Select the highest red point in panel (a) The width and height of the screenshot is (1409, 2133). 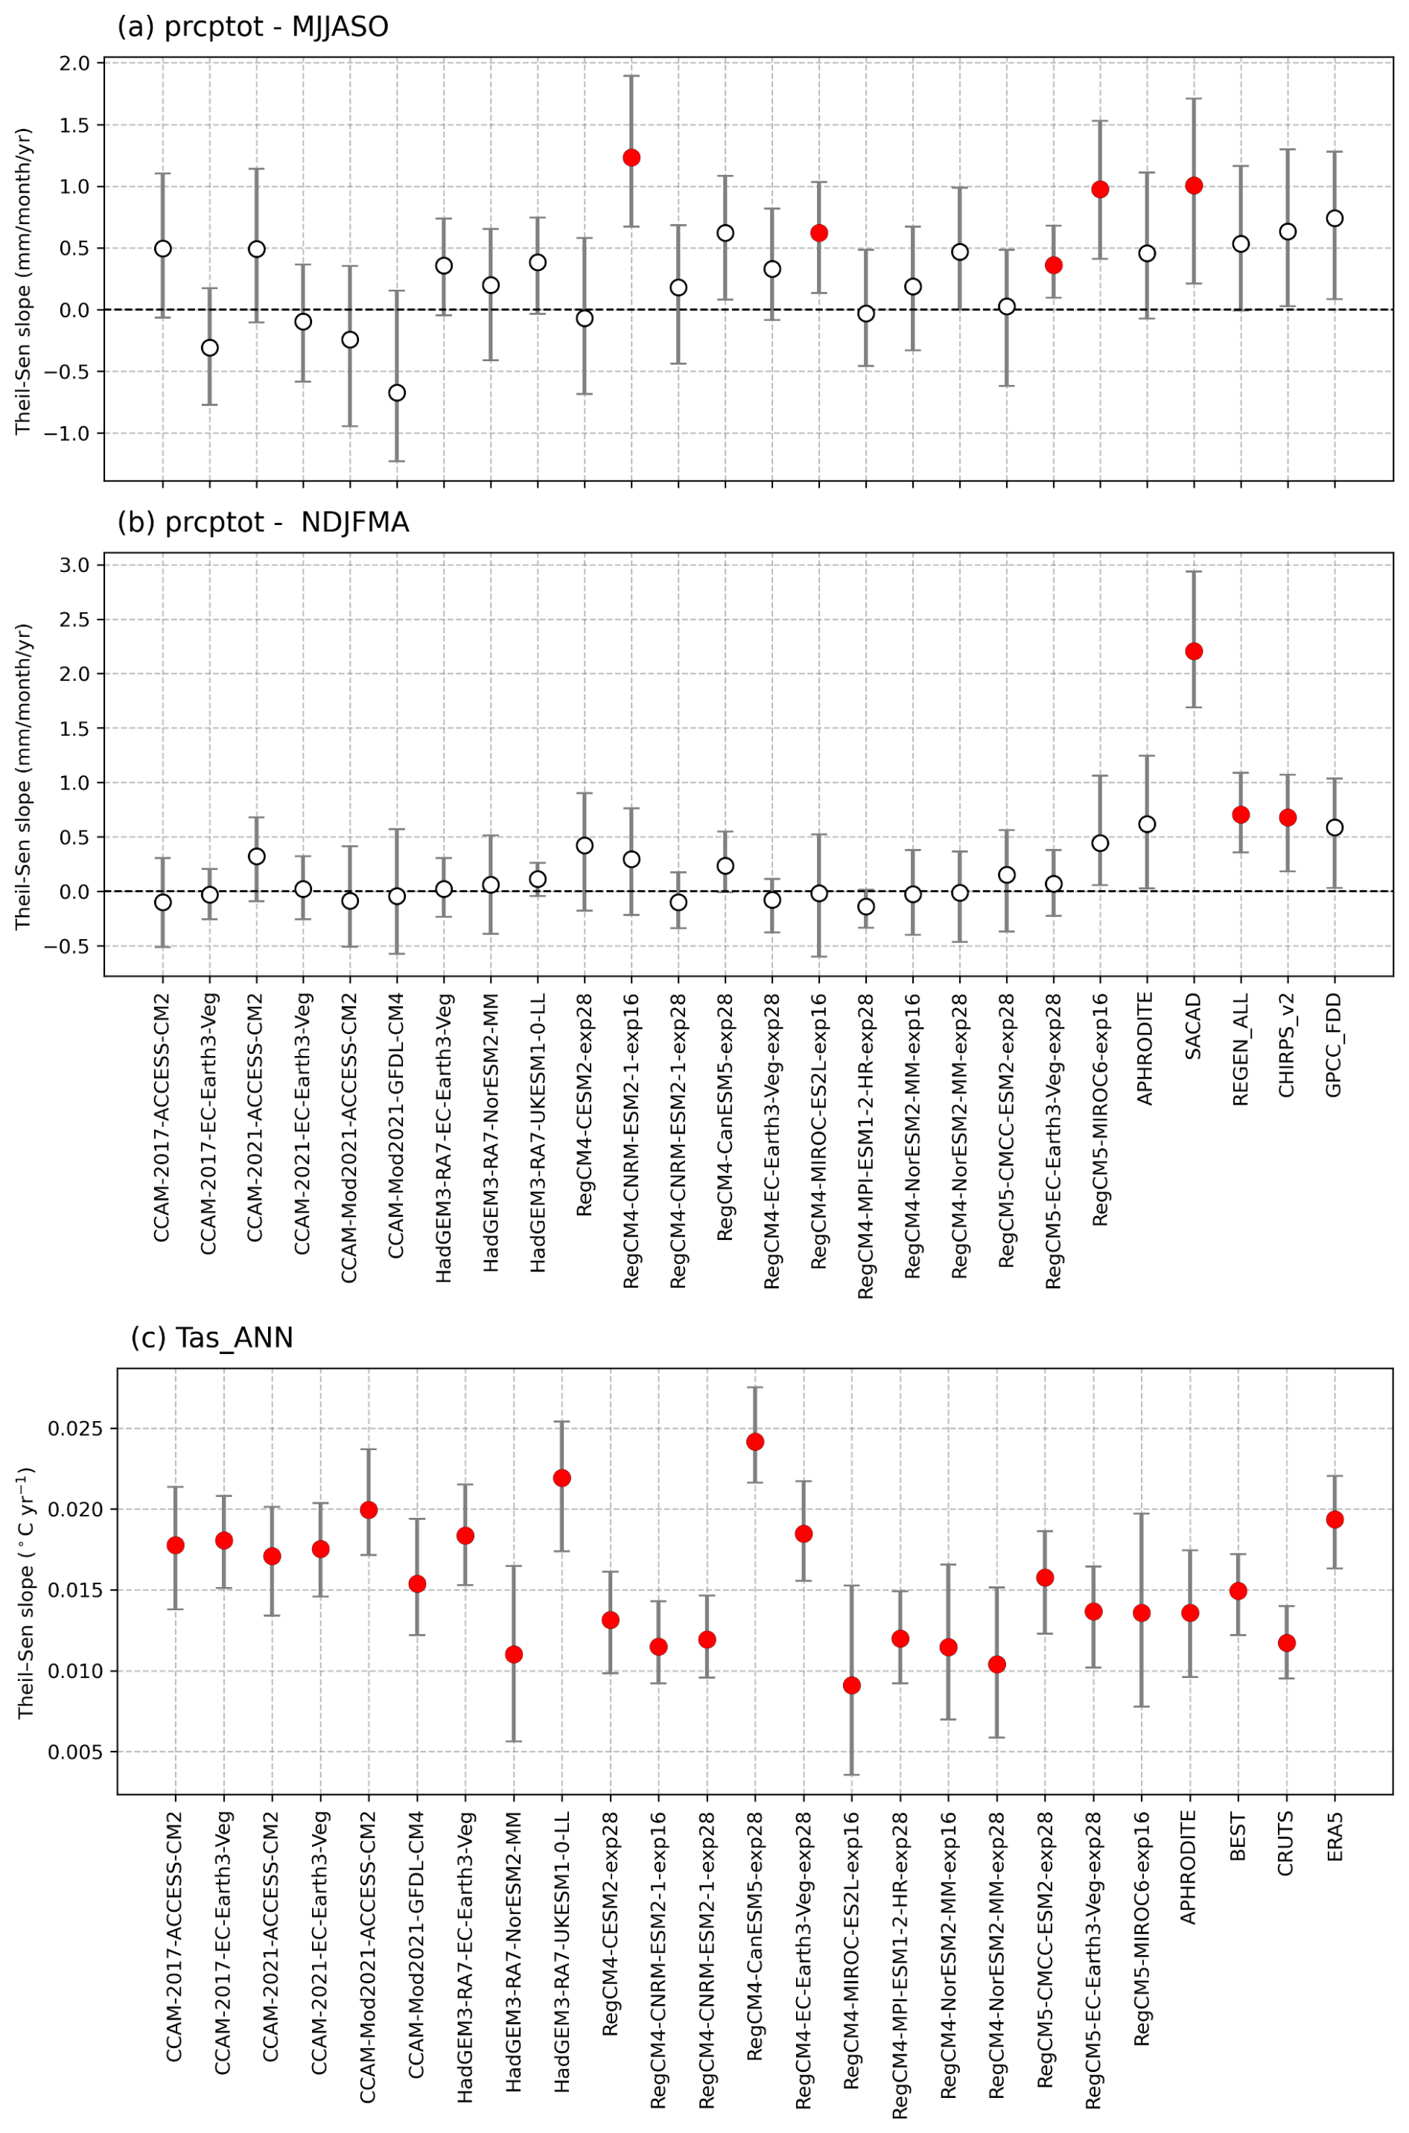[x=632, y=157]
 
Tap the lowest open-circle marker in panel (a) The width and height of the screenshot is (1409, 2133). [x=397, y=392]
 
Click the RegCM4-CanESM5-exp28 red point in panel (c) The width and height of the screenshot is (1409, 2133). [x=755, y=1442]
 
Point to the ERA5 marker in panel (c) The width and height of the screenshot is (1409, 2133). [x=1335, y=1519]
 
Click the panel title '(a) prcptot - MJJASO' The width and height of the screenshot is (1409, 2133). [x=252, y=27]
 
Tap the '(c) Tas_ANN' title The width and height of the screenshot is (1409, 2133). [x=212, y=1338]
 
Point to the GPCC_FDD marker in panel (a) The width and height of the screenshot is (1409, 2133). [x=1335, y=218]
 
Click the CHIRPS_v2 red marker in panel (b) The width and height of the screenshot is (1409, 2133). [x=1288, y=818]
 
